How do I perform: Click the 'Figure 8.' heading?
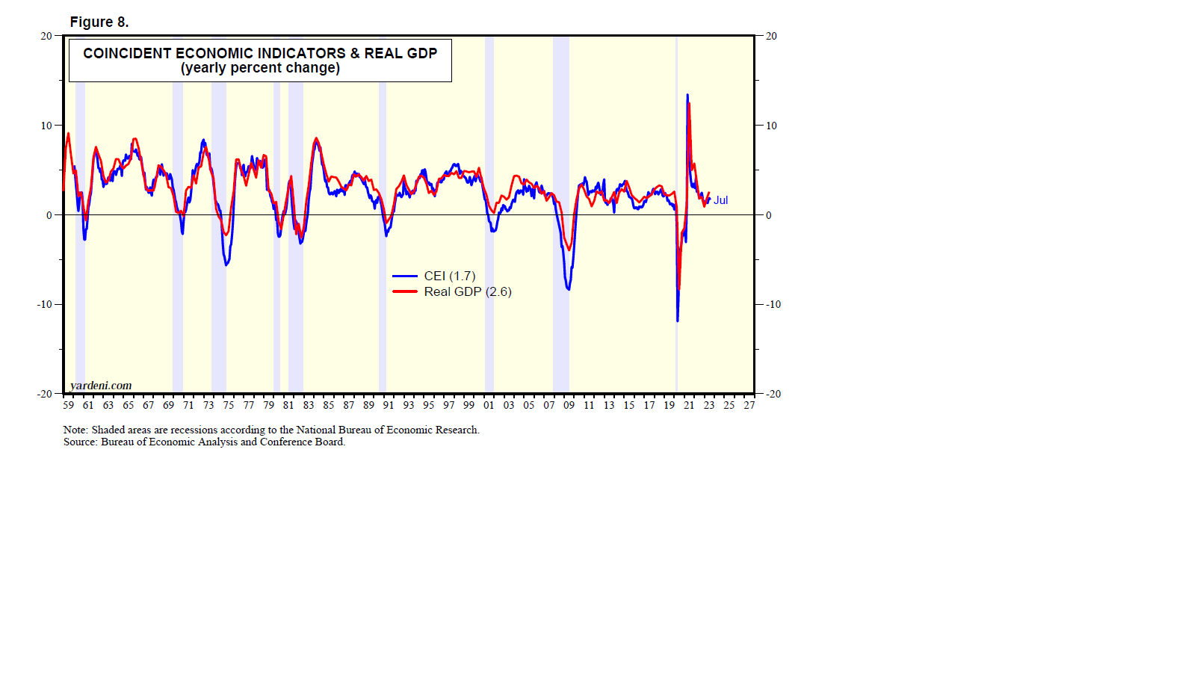pyautogui.click(x=99, y=22)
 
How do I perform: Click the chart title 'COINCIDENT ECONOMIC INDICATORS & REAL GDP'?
pyautogui.click(x=260, y=53)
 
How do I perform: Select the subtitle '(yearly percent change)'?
pyautogui.click(x=260, y=68)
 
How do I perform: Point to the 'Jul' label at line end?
pyautogui.click(x=720, y=200)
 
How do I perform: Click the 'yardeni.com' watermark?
pyautogui.click(x=101, y=386)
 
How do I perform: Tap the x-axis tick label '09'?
pyautogui.click(x=569, y=405)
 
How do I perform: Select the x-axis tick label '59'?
pyautogui.click(x=68, y=405)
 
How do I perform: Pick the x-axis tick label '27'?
pyautogui.click(x=749, y=405)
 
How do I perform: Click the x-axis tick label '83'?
pyautogui.click(x=309, y=405)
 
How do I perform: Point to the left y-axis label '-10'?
pyautogui.click(x=44, y=305)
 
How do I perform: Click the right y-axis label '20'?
pyautogui.click(x=771, y=36)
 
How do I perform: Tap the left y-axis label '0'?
pyautogui.click(x=49, y=215)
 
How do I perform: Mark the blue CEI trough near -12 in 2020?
pyautogui.click(x=678, y=321)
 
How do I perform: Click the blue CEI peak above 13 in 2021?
pyautogui.click(x=687, y=95)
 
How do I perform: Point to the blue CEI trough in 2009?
pyautogui.click(x=569, y=289)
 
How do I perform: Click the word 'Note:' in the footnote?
pyautogui.click(x=75, y=430)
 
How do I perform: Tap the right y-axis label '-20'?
pyautogui.click(x=773, y=394)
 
